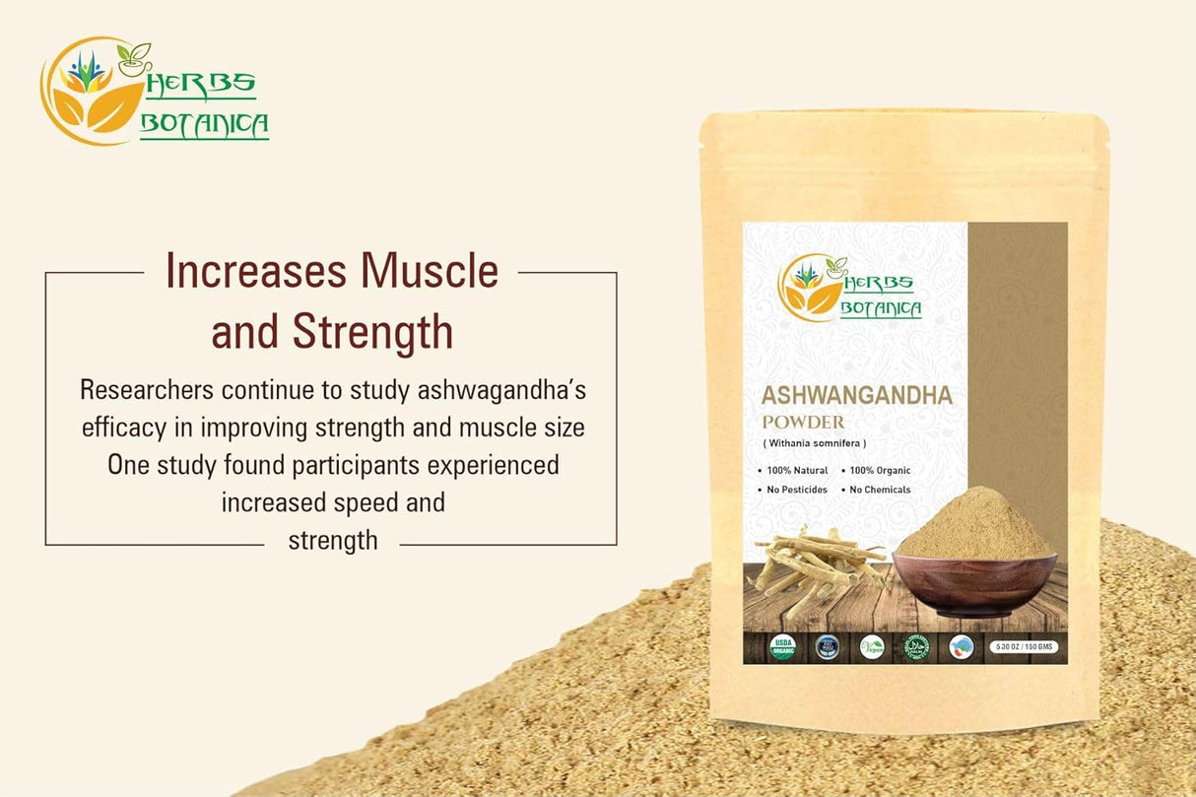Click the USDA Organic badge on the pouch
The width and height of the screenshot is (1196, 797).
click(x=781, y=647)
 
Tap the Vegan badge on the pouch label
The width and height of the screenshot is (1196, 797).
click(x=872, y=647)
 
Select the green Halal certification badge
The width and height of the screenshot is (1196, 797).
click(x=916, y=647)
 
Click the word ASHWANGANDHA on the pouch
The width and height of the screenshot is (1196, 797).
click(x=856, y=396)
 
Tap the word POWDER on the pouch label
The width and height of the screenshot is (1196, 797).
click(x=803, y=423)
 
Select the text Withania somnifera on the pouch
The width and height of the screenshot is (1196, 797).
click(x=814, y=444)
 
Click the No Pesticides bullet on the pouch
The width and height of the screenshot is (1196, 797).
click(x=792, y=490)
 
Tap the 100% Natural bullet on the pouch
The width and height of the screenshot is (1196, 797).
click(x=792, y=471)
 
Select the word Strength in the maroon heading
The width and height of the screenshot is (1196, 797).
click(x=372, y=333)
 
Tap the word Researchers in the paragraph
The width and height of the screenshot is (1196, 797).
click(x=147, y=390)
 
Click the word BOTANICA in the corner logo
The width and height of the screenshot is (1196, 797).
click(x=205, y=126)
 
